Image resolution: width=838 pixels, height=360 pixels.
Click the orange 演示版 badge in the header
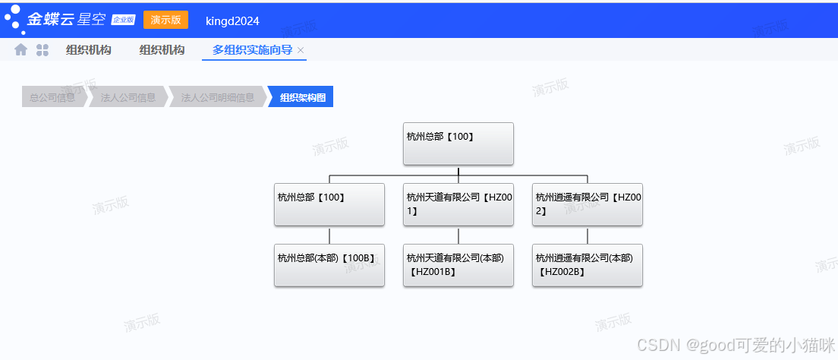165,20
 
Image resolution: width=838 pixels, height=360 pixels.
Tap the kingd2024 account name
232,21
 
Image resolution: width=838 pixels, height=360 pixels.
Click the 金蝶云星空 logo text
66,20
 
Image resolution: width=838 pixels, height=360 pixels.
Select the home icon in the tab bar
21,50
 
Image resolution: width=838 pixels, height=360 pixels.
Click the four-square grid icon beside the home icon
43,50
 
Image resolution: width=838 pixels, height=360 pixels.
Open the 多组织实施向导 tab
252,50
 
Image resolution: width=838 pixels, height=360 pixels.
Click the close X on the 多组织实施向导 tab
301,50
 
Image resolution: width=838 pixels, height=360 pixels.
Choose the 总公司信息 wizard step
52,97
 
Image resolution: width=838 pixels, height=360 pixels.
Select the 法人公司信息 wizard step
128,97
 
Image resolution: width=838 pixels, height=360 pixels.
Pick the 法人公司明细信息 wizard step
217,97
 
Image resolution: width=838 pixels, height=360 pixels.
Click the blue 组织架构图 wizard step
302,97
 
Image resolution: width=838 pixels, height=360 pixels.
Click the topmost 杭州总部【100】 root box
458,144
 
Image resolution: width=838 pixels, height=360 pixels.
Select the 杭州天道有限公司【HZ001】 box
458,204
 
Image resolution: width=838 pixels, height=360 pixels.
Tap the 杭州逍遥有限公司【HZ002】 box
588,204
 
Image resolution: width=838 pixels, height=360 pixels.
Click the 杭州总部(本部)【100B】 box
329,265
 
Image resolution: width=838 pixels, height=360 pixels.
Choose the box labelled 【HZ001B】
458,265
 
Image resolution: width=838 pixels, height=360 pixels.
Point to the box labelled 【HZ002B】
588,265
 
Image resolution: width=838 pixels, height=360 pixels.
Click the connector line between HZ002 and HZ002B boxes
588,235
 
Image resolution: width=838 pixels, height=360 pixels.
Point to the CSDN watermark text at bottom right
735,345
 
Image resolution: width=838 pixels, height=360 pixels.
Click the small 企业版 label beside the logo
123,20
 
